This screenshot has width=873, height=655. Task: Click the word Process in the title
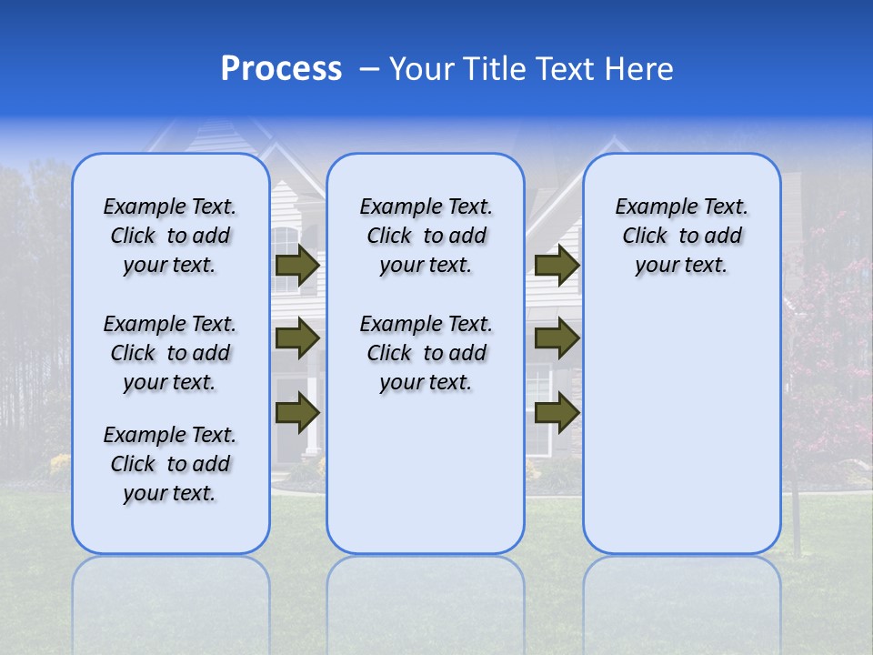pyautogui.click(x=281, y=69)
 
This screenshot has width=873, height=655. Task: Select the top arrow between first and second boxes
pyautogui.click(x=297, y=266)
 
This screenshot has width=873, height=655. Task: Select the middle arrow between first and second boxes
pyautogui.click(x=297, y=338)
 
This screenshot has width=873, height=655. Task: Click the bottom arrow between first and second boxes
pyautogui.click(x=297, y=412)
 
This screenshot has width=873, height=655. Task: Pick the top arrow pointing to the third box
pyautogui.click(x=557, y=266)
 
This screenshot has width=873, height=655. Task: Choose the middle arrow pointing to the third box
pyautogui.click(x=557, y=338)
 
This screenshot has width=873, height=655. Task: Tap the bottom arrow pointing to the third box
pyautogui.click(x=557, y=412)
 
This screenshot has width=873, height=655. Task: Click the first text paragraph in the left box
pyautogui.click(x=170, y=236)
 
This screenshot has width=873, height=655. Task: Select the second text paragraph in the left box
pyautogui.click(x=170, y=353)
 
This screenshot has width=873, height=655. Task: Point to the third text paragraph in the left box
pyautogui.click(x=170, y=464)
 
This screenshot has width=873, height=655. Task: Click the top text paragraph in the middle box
pyautogui.click(x=426, y=236)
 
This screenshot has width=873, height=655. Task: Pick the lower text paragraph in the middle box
pyautogui.click(x=426, y=353)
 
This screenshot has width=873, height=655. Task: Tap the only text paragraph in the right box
pyautogui.click(x=682, y=236)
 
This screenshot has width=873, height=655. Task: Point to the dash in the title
pyautogui.click(x=369, y=70)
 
